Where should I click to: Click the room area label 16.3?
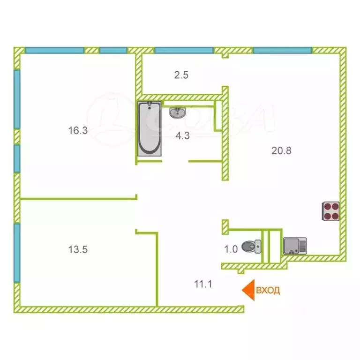[x=78, y=130]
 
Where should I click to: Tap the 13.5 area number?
[x=78, y=249]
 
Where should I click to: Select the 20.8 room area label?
[x=281, y=151]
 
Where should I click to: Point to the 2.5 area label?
[x=181, y=75]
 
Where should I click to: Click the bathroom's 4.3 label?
[x=182, y=135]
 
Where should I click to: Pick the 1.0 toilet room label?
[x=231, y=249]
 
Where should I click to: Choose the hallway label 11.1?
[x=203, y=284]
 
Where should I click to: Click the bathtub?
[x=150, y=129]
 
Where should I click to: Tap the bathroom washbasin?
[x=177, y=112]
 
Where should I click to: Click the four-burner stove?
[x=330, y=211]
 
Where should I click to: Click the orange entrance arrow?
[x=248, y=290]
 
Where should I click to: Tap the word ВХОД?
[x=268, y=290]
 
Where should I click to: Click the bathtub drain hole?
[x=150, y=107]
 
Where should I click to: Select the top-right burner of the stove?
[x=336, y=206]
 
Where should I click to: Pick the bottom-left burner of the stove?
[x=326, y=216]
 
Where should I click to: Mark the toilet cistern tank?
[x=258, y=247]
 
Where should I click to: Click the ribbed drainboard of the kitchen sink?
[x=303, y=246]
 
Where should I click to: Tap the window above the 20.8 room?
[x=282, y=50]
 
